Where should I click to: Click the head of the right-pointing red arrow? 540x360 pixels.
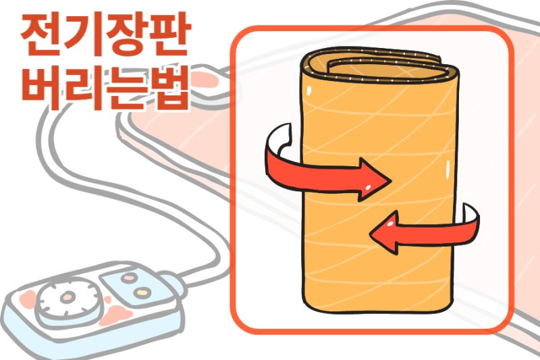[374, 180]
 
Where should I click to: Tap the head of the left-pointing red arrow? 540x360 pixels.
[385, 232]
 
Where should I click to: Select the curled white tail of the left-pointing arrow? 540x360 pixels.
[470, 214]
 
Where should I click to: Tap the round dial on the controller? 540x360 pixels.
[70, 298]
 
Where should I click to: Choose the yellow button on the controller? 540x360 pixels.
[142, 292]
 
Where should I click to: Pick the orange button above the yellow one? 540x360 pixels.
[129, 278]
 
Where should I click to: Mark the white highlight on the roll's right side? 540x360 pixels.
[448, 170]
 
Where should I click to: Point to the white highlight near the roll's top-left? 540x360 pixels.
[309, 91]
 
